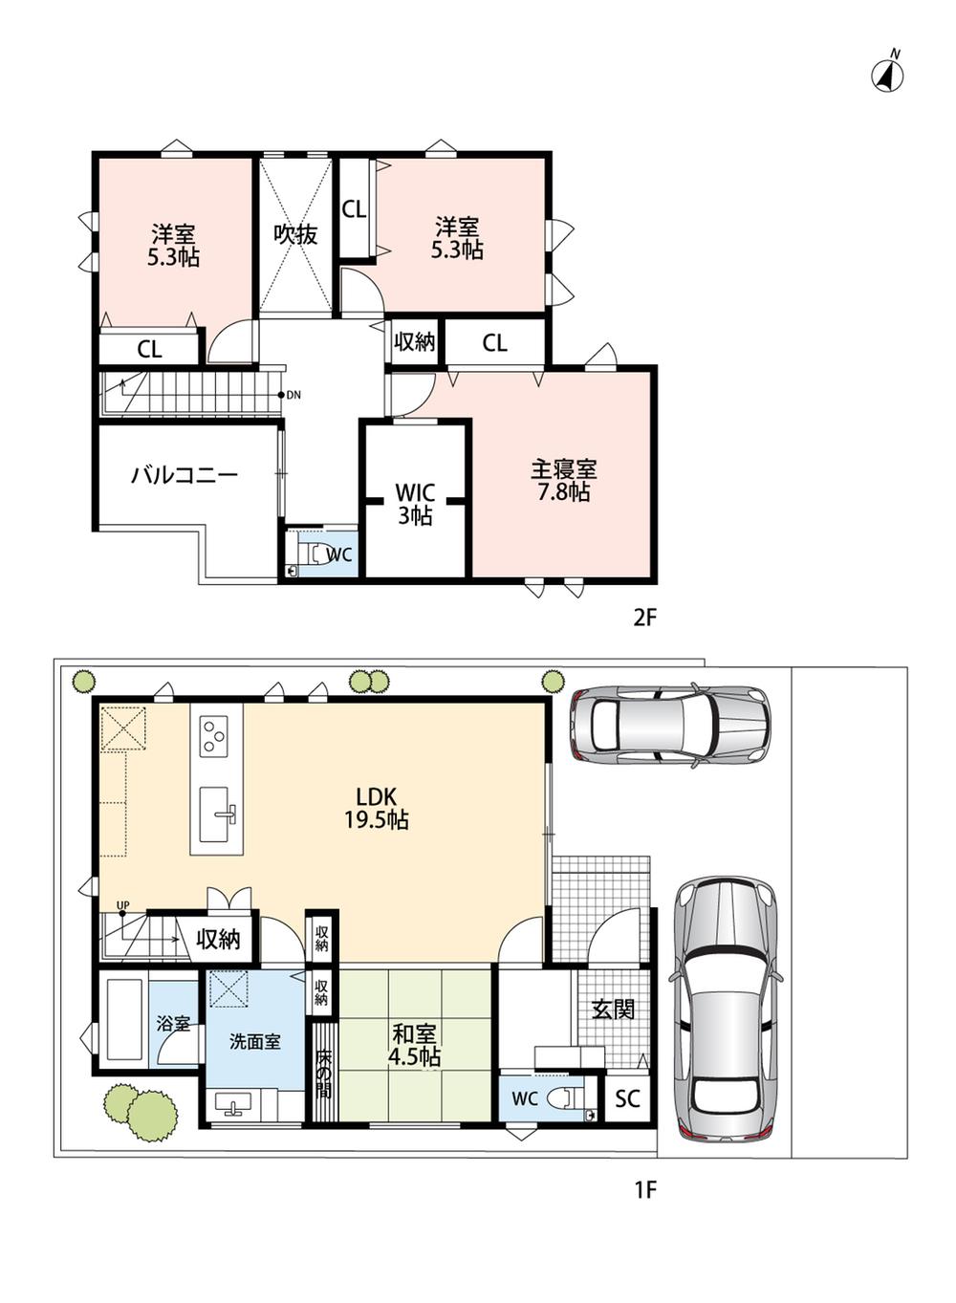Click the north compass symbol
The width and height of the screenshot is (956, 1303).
coord(887,74)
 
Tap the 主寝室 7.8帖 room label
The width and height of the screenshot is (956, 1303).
coord(563,481)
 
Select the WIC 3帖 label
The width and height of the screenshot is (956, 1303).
coord(415,504)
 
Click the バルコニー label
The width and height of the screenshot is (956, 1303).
coord(184,475)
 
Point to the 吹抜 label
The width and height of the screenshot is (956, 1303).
coord(295,234)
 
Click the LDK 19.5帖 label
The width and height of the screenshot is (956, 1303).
coord(377,808)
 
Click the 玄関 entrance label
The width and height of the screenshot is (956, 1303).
coord(613,1009)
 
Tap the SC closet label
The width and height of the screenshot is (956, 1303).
coord(627,1098)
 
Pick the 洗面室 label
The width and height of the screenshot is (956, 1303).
coord(255,1041)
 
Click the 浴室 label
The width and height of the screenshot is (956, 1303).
coord(173,1024)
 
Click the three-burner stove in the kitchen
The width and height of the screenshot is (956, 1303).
coord(213,736)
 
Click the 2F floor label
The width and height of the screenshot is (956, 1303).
coord(644,618)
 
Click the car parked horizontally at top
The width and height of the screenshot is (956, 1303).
coord(670,725)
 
